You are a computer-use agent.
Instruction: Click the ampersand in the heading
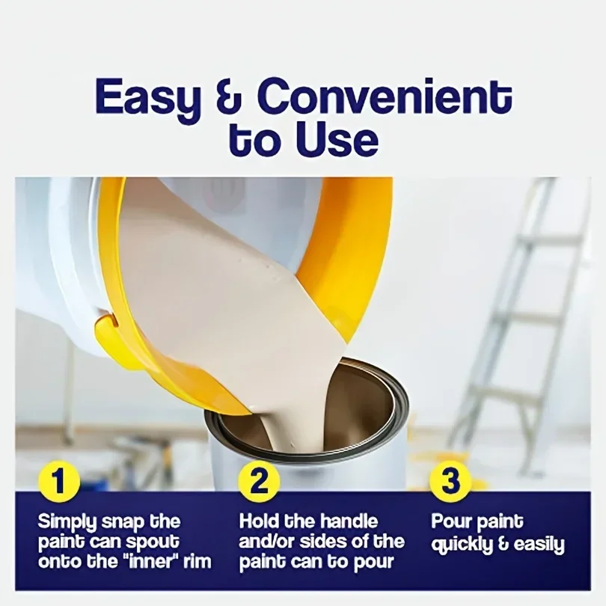[x=228, y=99]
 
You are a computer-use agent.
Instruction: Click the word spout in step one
[x=153, y=541]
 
